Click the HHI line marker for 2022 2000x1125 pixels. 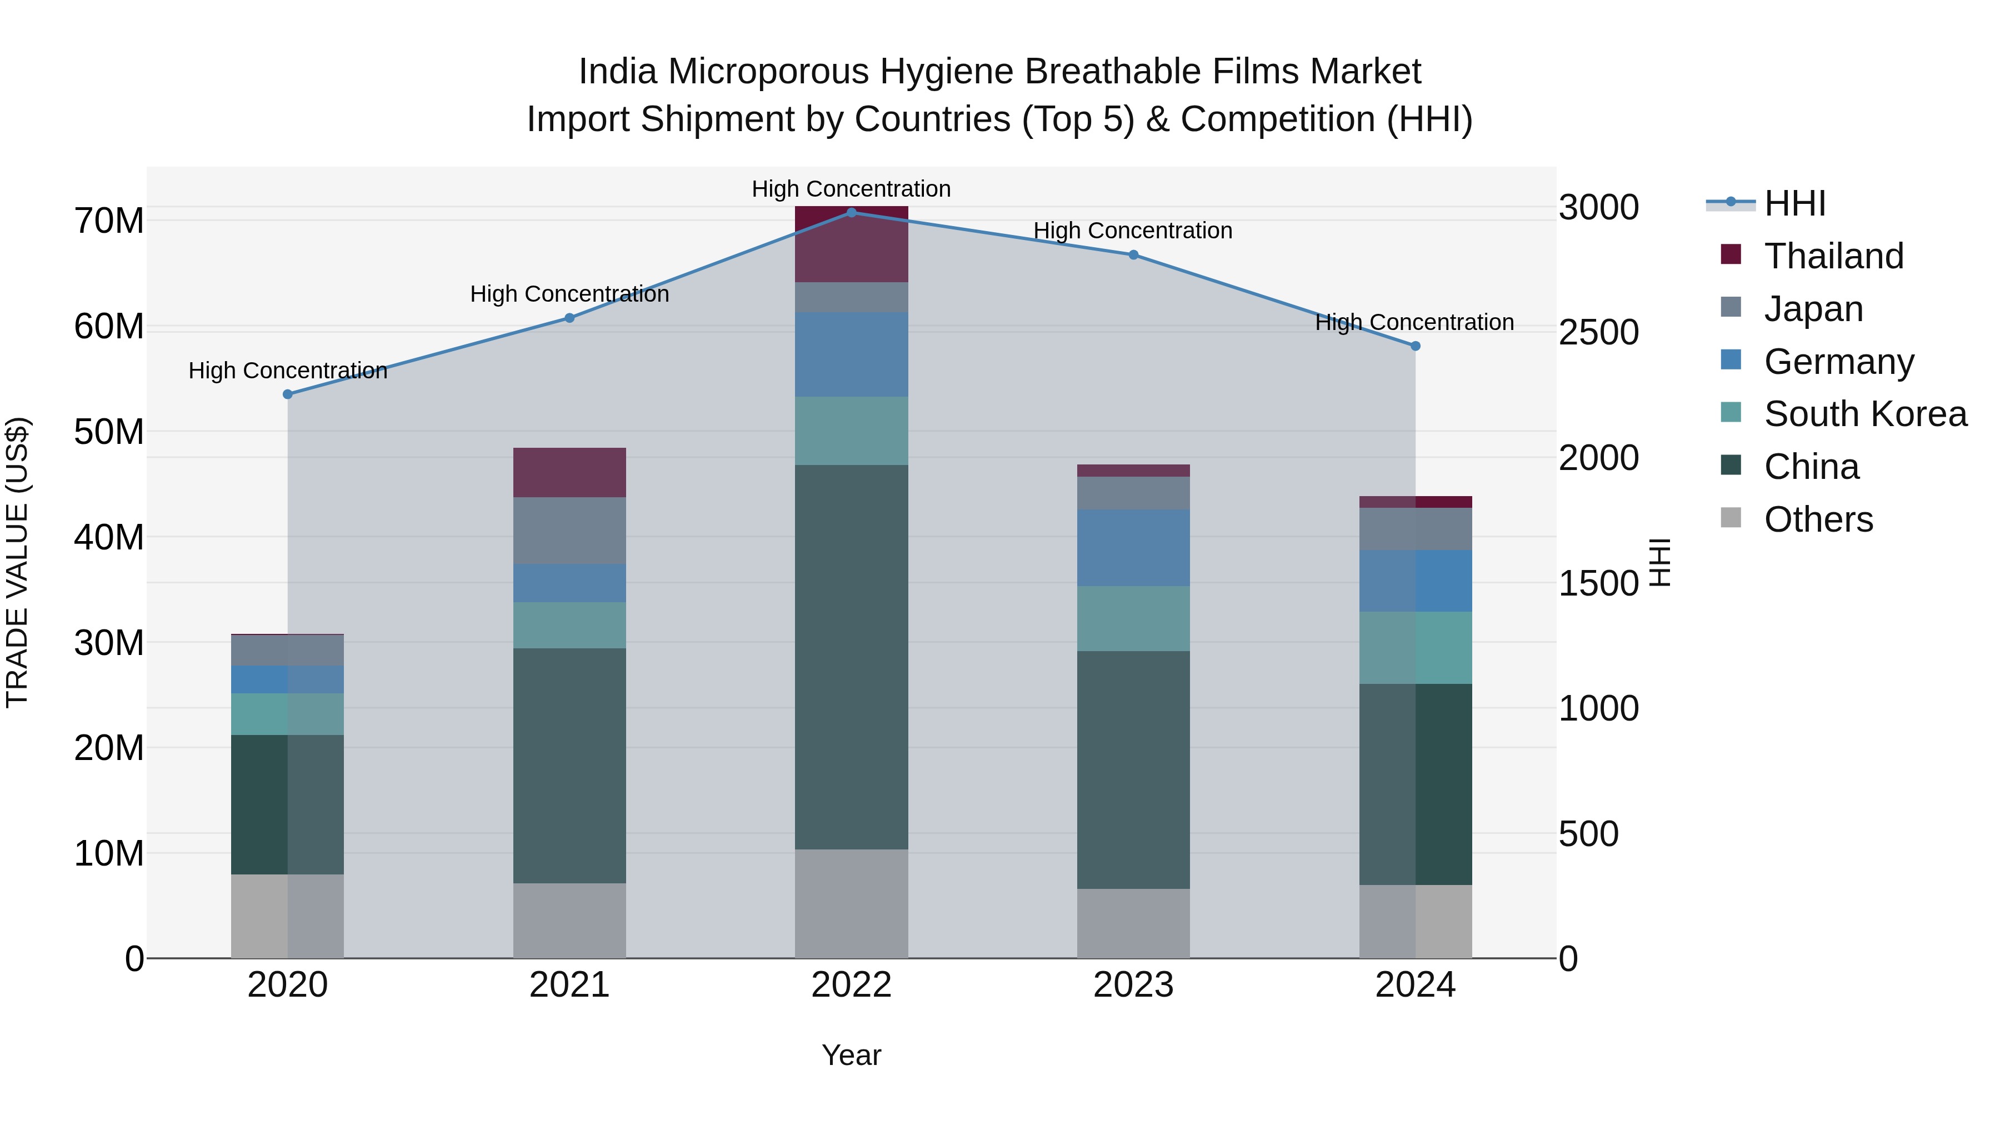pyautogui.click(x=851, y=212)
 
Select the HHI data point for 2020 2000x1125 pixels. pyautogui.click(x=287, y=394)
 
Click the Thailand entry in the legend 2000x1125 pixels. pyautogui.click(x=1833, y=256)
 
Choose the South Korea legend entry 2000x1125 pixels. pyautogui.click(x=1865, y=414)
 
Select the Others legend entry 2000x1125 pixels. pyautogui.click(x=1818, y=519)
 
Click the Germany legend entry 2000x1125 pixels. pyautogui.click(x=1838, y=362)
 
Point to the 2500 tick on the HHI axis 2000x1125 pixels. pyautogui.click(x=1598, y=332)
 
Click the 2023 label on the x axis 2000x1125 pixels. pyautogui.click(x=1133, y=985)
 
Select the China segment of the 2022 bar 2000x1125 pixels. pyautogui.click(x=851, y=656)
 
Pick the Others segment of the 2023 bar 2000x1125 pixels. pyautogui.click(x=1133, y=923)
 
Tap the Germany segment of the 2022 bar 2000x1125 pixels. pyautogui.click(x=851, y=355)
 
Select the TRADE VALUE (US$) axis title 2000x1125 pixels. pyautogui.click(x=17, y=562)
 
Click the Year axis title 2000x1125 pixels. pyautogui.click(x=851, y=1055)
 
